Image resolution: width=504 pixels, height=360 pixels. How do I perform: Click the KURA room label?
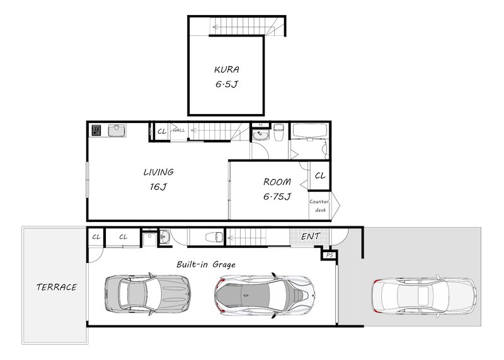[x=227, y=69]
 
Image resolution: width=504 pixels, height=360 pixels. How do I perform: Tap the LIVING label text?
[x=159, y=172]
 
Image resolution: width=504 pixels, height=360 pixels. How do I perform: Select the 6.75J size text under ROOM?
[x=277, y=196]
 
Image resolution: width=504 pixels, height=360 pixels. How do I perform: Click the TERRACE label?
[x=57, y=287]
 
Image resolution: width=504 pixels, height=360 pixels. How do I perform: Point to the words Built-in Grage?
[x=206, y=264]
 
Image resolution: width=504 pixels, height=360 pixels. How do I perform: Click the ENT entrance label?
[x=310, y=236]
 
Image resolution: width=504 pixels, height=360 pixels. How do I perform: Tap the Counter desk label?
[x=319, y=206]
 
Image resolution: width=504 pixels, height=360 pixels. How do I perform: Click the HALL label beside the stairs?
[x=179, y=131]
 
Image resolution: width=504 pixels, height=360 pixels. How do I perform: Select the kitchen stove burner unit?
[x=96, y=131]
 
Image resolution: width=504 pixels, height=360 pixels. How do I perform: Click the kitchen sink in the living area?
[x=117, y=131]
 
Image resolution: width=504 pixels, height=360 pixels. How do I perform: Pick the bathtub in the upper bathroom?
[x=309, y=131]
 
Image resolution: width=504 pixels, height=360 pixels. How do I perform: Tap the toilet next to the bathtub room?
[x=278, y=132]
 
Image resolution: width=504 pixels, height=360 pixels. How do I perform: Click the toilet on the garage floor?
[x=214, y=237]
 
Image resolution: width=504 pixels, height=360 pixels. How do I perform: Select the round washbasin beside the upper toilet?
[x=260, y=135]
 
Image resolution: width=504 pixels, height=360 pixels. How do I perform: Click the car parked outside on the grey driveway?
[x=424, y=295]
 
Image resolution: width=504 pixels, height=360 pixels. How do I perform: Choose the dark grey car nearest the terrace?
[x=148, y=293]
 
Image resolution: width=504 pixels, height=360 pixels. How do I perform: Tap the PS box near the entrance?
[x=329, y=255]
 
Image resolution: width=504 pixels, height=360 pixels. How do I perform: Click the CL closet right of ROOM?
[x=320, y=176]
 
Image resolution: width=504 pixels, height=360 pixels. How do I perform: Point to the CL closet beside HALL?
[x=162, y=131]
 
